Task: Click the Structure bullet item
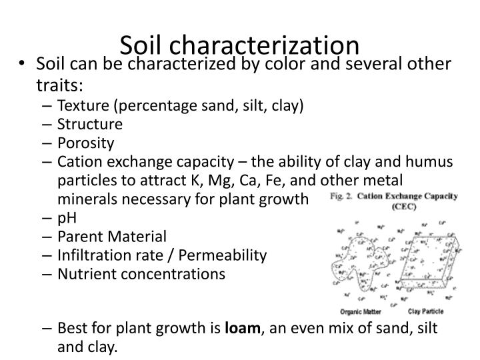90,124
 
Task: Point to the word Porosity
86,143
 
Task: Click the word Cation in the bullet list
78,161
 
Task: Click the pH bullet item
66,217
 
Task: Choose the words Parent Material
112,236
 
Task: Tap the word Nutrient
86,273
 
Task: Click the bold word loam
243,328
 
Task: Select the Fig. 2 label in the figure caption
343,197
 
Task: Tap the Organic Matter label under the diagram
359,311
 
